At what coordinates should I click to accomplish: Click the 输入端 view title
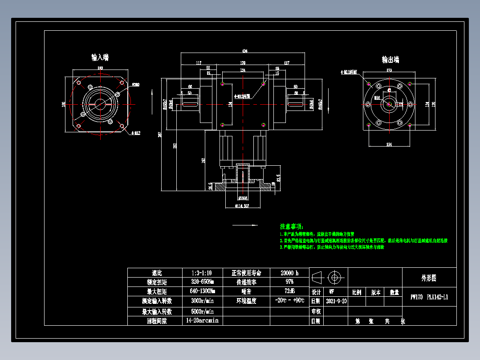coord(100,57)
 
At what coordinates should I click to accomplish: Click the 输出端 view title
coord(390,60)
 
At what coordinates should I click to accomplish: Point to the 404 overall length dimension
coord(244,51)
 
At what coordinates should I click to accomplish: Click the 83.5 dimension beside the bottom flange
coord(278,178)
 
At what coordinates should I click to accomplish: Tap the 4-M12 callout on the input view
coord(136,133)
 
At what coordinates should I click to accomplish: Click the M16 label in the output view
coord(377,97)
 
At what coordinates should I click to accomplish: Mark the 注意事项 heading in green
coord(291,226)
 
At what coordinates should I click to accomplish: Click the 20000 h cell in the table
coord(289,273)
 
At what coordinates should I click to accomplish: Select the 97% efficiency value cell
coord(289,282)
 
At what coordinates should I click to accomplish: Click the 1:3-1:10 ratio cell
coord(201,273)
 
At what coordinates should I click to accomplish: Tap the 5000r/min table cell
coord(202,311)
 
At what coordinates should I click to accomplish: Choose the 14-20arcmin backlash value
coord(202,321)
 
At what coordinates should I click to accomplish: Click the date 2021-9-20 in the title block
coord(337,301)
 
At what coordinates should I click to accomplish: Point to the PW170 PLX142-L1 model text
coord(429,297)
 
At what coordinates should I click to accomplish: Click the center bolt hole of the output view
coord(389,104)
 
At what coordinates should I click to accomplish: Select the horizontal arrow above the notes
coord(245,225)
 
